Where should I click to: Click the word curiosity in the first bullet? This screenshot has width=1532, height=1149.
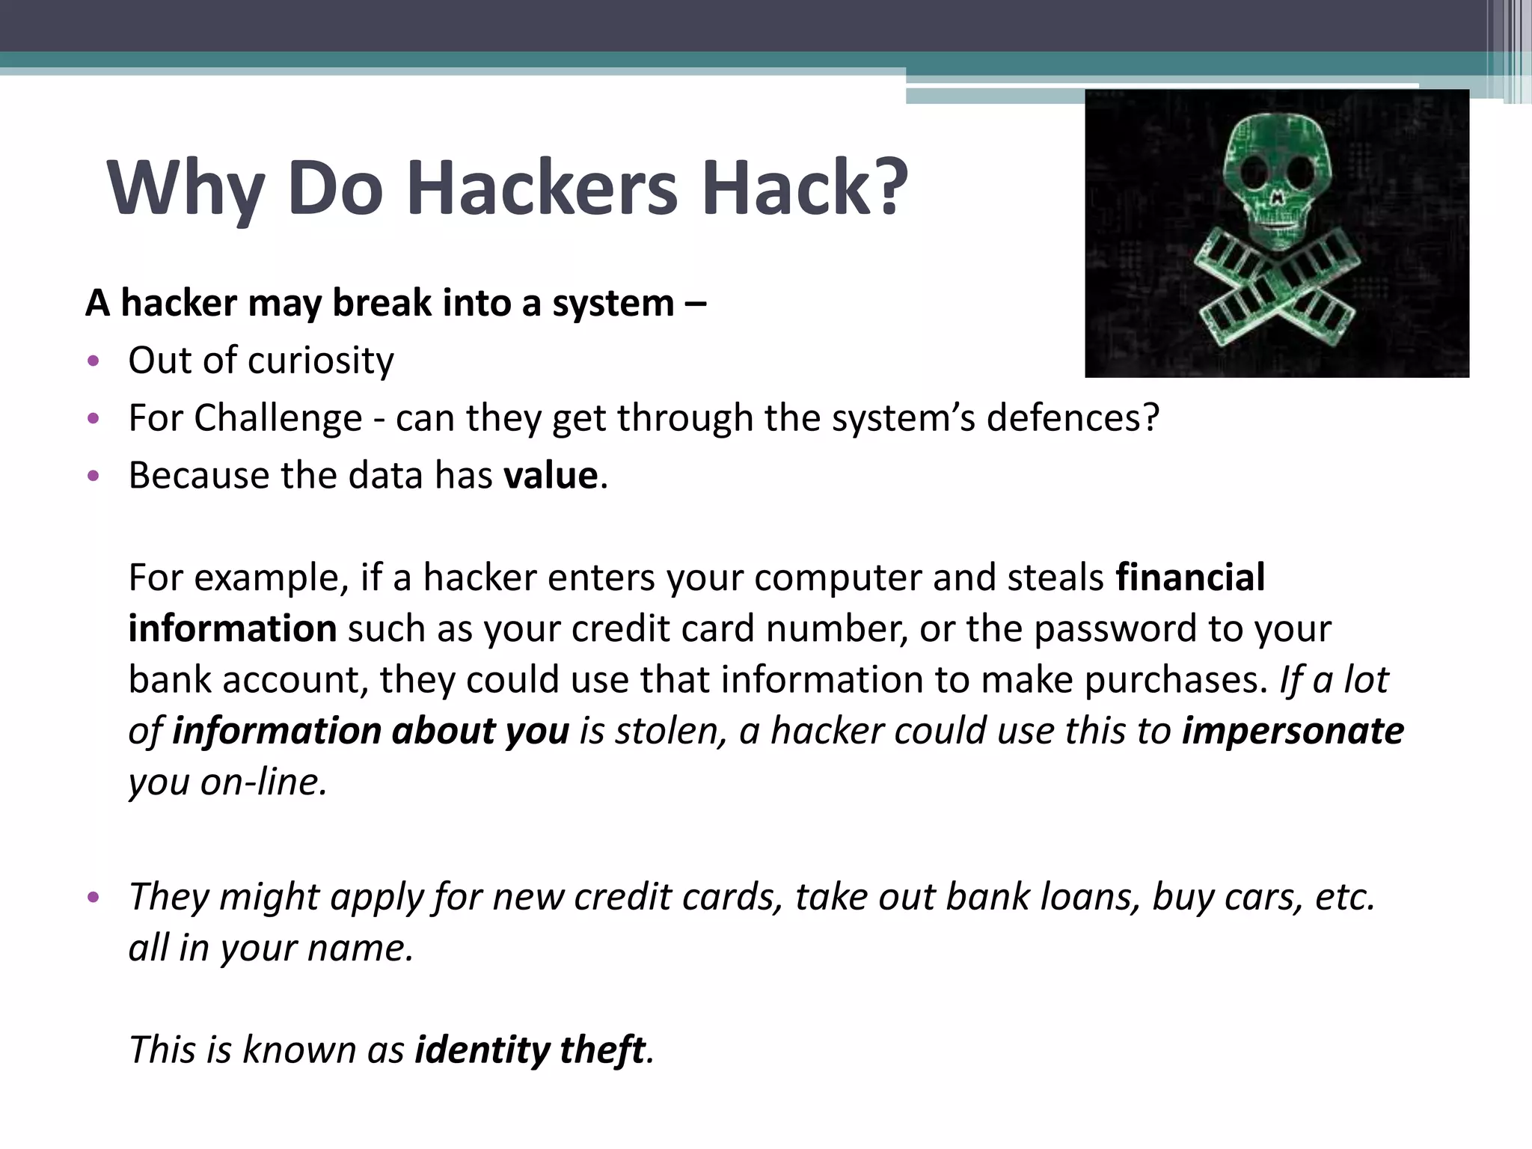[x=320, y=361]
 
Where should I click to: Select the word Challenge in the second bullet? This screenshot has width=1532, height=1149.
[x=278, y=418]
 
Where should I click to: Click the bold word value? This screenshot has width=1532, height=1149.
[x=551, y=476]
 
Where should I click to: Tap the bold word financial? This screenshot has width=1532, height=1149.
[x=1190, y=577]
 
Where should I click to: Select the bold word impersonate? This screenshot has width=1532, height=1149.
[x=1293, y=731]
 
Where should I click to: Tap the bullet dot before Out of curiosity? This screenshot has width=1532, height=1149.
[x=93, y=361]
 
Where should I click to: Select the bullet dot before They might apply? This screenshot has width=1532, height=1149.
[x=93, y=898]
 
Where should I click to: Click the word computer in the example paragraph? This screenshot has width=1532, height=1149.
[x=836, y=577]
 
